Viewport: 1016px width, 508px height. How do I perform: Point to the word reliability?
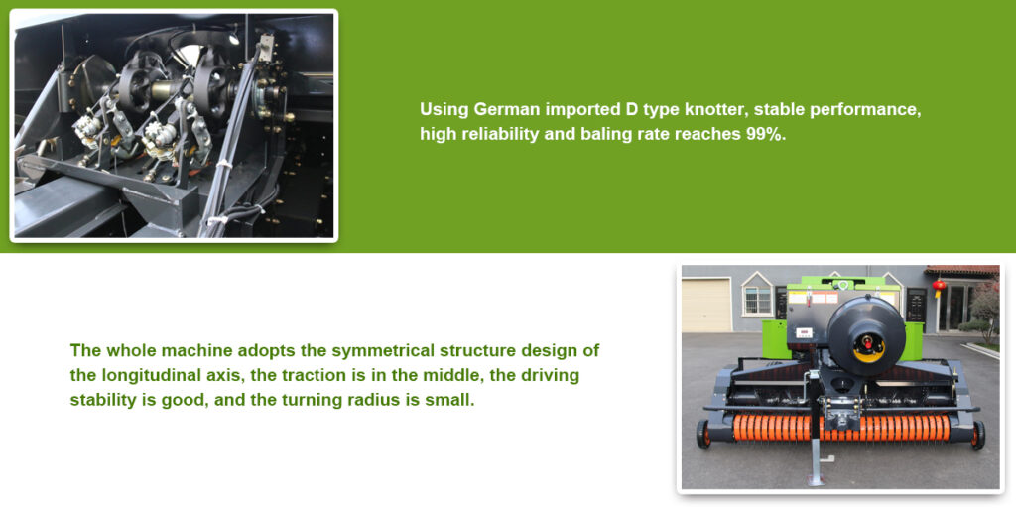coord(483,134)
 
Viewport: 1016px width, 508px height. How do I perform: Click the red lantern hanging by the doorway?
coord(940,286)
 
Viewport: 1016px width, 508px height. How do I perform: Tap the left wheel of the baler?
coord(703,435)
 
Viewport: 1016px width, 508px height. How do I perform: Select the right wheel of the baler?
coord(977,435)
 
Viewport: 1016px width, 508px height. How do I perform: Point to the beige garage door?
coord(706,305)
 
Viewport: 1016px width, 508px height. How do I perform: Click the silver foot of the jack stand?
coord(817,480)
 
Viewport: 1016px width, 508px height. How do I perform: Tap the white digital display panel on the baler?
coord(805,332)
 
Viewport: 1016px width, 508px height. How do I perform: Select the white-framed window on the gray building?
coord(757,298)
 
